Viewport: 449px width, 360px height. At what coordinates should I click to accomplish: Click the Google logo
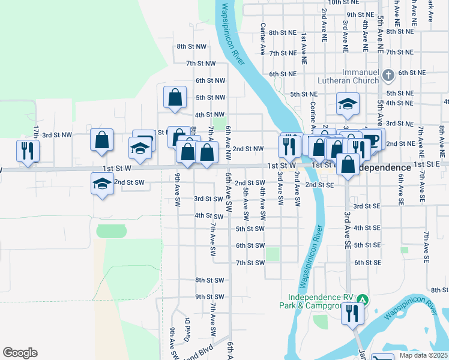click(20, 353)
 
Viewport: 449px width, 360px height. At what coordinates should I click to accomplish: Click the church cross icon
click(388, 75)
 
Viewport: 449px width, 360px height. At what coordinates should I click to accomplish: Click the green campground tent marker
click(362, 299)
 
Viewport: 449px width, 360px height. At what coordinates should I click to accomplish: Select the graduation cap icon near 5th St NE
click(348, 103)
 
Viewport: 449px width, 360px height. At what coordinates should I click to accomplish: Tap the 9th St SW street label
click(209, 296)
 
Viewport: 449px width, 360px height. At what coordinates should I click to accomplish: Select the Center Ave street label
click(263, 37)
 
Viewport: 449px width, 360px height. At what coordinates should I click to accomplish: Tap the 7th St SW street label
click(250, 263)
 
